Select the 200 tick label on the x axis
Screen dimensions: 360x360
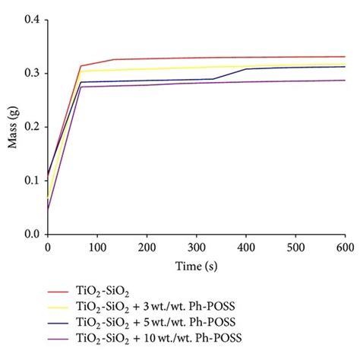[x=150, y=247]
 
